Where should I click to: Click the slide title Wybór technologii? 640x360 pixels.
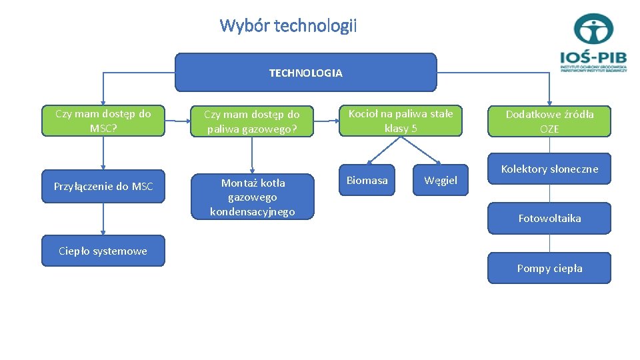pos(288,26)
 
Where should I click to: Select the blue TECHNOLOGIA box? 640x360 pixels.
pos(305,73)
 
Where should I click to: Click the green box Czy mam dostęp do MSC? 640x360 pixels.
pos(103,121)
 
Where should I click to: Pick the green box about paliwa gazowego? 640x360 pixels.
pos(252,122)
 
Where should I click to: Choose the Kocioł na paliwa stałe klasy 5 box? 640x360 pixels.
pos(401,121)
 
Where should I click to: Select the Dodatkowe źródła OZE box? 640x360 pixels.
pos(549,121)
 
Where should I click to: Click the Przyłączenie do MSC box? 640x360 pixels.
pos(103,187)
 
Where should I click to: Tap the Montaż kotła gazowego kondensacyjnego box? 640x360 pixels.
pos(252,197)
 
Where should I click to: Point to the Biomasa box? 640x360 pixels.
pos(367,180)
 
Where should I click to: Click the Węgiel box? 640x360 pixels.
pos(441,181)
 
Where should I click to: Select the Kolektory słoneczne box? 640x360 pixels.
pos(549,169)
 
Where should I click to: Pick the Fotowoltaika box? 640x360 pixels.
pos(549,218)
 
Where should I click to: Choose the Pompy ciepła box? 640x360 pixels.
pos(549,268)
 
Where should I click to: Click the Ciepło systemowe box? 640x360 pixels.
pos(103,251)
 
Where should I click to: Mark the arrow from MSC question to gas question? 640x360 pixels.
pos(177,121)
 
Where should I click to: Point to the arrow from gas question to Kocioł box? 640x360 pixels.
pos(326,121)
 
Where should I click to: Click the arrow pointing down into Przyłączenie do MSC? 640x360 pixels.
pos(103,153)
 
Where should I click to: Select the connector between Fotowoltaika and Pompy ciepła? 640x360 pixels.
pos(549,243)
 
